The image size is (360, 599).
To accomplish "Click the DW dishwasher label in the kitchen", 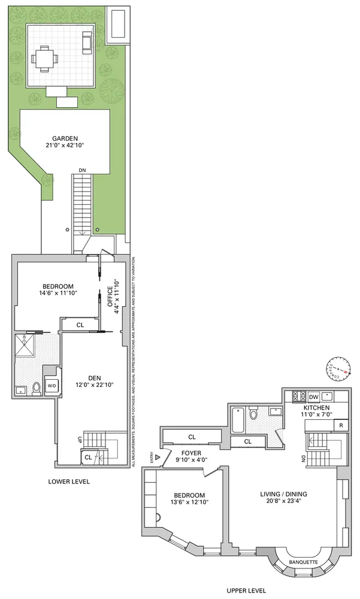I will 313,397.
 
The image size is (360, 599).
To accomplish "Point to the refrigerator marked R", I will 340,425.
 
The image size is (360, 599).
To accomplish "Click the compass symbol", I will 338,370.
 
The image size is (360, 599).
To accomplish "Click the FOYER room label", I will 189,453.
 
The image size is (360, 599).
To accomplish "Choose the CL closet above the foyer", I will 192,437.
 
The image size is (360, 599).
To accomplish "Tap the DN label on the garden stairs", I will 83,170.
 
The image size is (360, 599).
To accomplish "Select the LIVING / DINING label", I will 285,494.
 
